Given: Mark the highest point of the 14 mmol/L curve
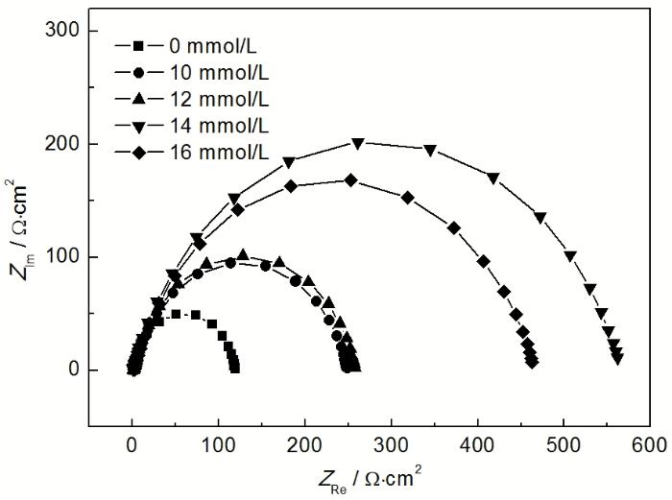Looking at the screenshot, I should pos(358,143).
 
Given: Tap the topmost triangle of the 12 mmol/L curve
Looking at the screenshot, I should pos(243,255).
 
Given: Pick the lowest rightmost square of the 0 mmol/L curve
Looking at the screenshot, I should pos(234,368).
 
